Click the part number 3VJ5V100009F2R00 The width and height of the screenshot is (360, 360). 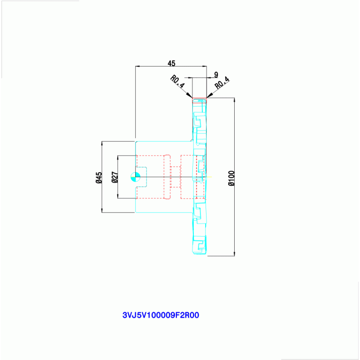coord(161,315)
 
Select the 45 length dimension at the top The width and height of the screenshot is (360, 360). coord(171,63)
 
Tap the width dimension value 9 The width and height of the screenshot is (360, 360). coord(216,75)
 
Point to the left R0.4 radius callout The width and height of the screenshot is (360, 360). coord(177,82)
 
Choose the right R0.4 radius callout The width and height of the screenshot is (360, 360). coord(222,83)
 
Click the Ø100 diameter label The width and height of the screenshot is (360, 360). coord(232,178)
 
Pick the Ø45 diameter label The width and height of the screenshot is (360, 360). coord(99,178)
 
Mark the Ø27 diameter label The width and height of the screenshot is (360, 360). coord(115,177)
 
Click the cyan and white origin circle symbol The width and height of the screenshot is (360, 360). coord(136,177)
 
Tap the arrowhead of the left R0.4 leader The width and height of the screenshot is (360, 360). coord(190,95)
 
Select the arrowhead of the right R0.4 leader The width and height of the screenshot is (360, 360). coord(209,95)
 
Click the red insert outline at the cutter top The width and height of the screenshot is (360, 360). coord(199,100)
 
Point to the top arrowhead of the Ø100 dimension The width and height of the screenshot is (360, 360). coord(234,100)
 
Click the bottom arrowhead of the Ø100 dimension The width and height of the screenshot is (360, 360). coord(234,253)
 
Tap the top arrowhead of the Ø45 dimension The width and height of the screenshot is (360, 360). coord(102,144)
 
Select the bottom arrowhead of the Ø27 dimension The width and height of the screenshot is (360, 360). coord(118,196)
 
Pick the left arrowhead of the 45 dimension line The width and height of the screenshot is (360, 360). coord(138,66)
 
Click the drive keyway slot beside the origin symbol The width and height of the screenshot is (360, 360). coord(141,177)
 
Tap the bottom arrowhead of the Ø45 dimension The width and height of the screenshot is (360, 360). coord(102,210)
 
